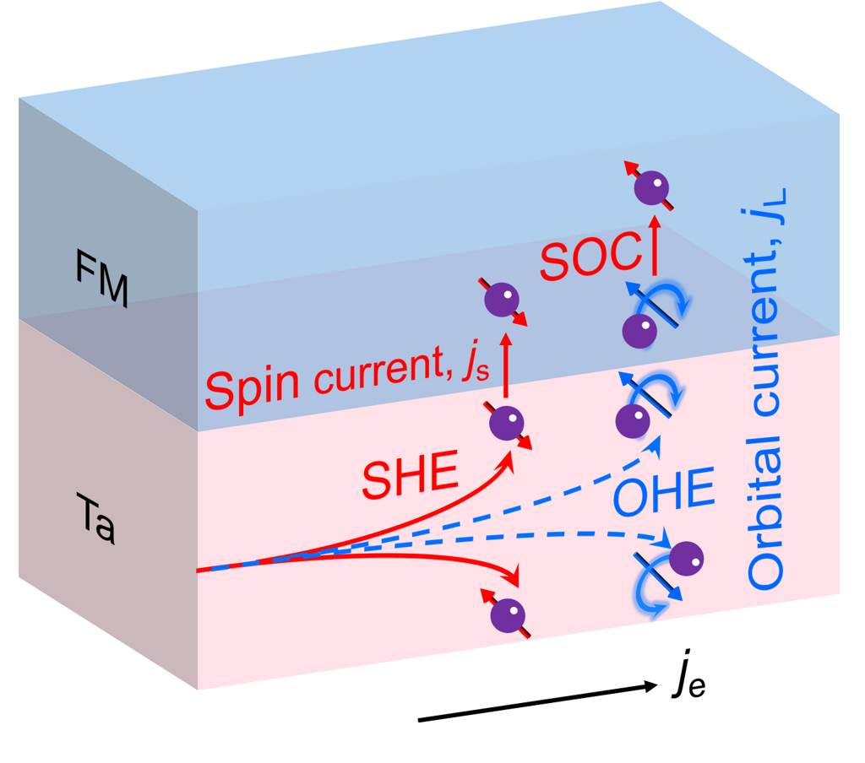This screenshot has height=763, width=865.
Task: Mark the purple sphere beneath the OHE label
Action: [x=685, y=558]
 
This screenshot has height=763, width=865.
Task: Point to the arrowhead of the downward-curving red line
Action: [x=512, y=576]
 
